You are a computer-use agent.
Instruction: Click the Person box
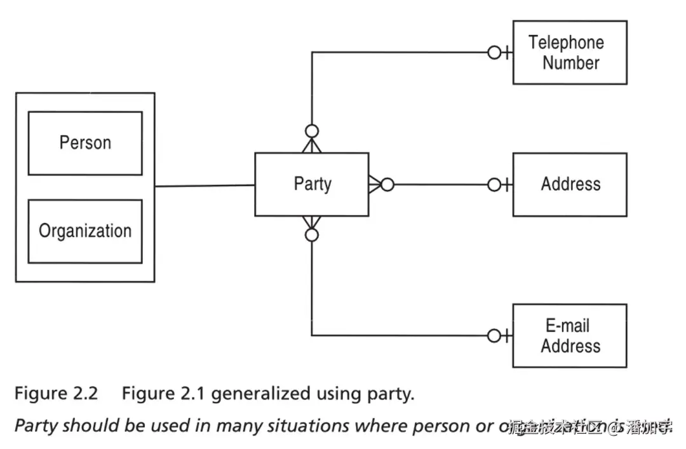[x=85, y=143]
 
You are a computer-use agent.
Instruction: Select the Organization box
[x=85, y=231]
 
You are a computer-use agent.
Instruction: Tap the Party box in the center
[x=311, y=184]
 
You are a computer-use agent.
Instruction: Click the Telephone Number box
[x=570, y=53]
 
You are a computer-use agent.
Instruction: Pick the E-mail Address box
[x=570, y=336]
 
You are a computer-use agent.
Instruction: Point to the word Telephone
[x=566, y=43]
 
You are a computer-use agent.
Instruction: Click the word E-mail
[x=567, y=326]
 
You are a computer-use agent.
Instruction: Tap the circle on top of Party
[x=311, y=131]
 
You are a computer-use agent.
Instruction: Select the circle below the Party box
[x=311, y=236]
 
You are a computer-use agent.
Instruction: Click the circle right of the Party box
[x=387, y=185]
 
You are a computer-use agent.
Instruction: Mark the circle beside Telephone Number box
[x=494, y=53]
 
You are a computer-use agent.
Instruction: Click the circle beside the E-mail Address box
[x=494, y=335]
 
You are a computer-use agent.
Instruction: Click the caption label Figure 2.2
[x=56, y=394]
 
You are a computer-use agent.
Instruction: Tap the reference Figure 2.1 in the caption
[x=163, y=394]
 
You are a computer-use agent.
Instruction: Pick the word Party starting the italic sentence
[x=36, y=426]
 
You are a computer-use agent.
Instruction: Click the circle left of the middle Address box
[x=494, y=185]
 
